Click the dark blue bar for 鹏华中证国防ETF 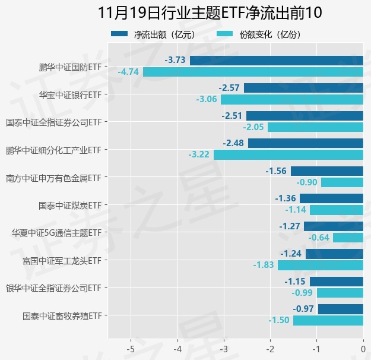click(x=276, y=60)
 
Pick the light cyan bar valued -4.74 click(x=253, y=72)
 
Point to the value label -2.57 click(x=229, y=88)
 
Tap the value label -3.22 click(x=199, y=154)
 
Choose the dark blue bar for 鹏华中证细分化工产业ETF click(x=305, y=143)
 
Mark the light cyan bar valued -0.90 click(x=342, y=182)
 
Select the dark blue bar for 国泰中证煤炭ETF click(x=331, y=198)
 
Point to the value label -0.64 click(x=319, y=238)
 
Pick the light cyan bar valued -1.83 click(x=321, y=265)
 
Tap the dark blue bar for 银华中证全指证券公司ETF click(x=336, y=282)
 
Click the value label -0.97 click(x=303, y=309)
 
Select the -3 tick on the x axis click(x=224, y=349)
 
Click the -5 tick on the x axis click(x=131, y=349)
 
